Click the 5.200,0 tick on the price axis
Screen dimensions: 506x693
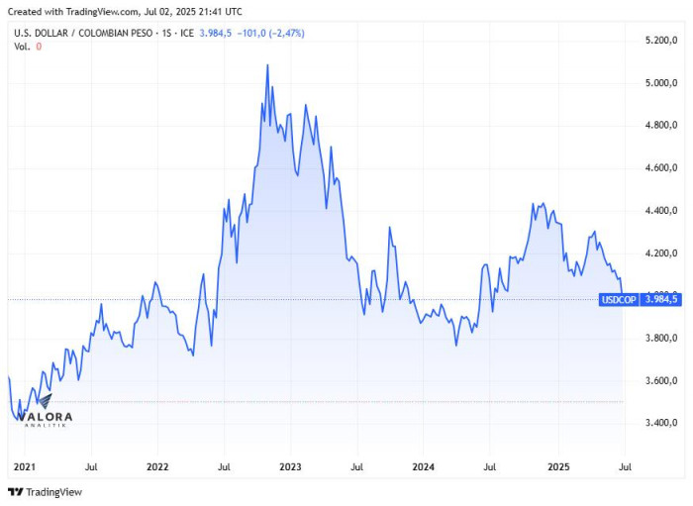pos(660,41)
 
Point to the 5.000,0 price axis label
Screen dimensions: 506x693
pos(660,83)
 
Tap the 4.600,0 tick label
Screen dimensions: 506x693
pos(660,168)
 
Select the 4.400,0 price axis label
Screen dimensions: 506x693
pos(660,211)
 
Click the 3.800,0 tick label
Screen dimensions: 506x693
pos(660,339)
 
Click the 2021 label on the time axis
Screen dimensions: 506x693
pos(24,465)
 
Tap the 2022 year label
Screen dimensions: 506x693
pos(156,465)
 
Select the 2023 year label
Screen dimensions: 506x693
pos(290,465)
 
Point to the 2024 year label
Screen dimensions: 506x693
pos(423,465)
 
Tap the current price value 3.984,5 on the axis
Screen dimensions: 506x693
pos(661,299)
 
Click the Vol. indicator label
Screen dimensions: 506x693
pos(22,47)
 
